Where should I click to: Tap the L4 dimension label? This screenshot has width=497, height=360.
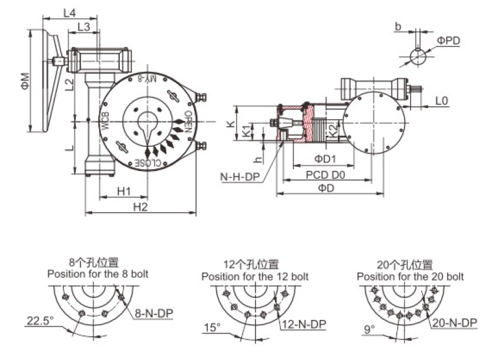click(x=69, y=11)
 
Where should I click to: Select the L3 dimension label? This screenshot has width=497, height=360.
click(x=83, y=27)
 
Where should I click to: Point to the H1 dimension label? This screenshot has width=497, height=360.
click(x=123, y=191)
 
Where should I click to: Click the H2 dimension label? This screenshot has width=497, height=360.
click(x=140, y=206)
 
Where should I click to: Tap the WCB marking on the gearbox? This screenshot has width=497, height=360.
click(x=105, y=120)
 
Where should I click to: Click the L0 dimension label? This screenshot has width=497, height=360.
click(x=442, y=101)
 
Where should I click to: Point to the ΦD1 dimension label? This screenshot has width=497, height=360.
click(x=324, y=159)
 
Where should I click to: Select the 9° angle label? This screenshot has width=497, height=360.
click(x=368, y=329)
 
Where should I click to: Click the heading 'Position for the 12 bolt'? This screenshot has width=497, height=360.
click(x=255, y=276)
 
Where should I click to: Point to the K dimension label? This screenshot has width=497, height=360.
click(x=231, y=123)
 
